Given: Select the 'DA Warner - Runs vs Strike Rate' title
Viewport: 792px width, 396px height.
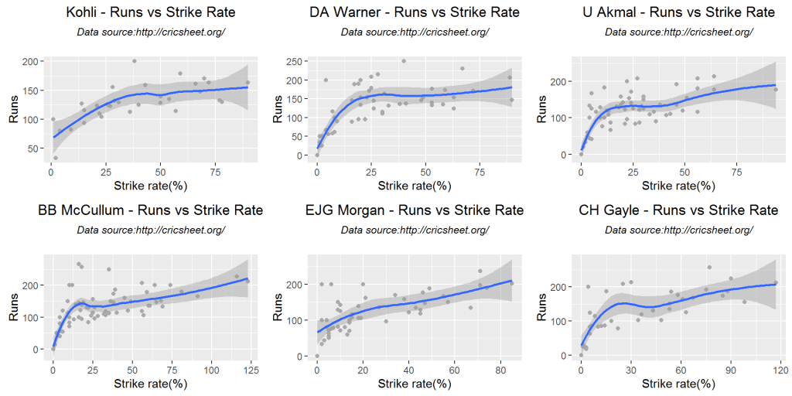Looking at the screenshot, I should click(415, 12).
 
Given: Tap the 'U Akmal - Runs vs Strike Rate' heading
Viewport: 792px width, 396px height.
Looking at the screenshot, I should click(678, 12).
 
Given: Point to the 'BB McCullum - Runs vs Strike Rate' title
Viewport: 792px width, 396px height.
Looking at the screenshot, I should click(150, 210).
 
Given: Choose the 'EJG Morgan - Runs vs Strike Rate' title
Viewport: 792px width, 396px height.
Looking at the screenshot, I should click(415, 210).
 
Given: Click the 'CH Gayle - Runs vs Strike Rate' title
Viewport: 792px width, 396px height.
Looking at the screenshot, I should click(678, 210).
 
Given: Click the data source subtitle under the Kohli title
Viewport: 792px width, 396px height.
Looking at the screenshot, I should click(151, 32).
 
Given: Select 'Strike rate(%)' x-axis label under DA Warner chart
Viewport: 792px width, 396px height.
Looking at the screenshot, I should click(415, 186).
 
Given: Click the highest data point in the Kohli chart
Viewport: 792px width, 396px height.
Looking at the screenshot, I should click(134, 61).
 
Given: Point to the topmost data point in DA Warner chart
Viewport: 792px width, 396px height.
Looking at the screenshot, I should click(403, 61).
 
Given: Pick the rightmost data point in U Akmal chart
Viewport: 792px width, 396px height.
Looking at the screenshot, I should click(776, 90).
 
